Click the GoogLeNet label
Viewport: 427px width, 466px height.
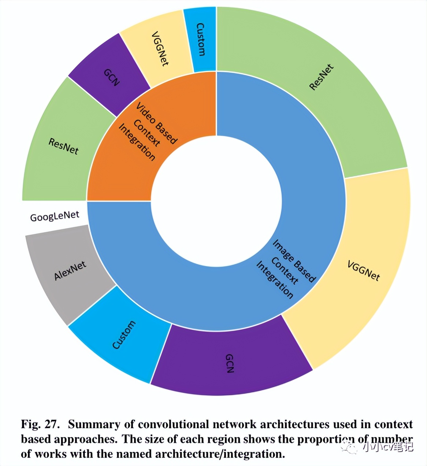[55, 217]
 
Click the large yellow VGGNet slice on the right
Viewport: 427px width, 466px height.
[363, 271]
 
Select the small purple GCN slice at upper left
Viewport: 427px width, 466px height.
[110, 73]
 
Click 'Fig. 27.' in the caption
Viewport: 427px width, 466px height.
[40, 424]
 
